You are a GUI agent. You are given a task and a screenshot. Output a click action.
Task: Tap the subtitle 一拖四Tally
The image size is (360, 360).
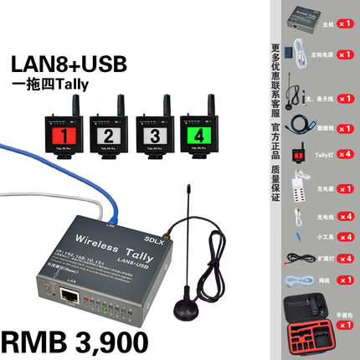pyautogui.click(x=67, y=88)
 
